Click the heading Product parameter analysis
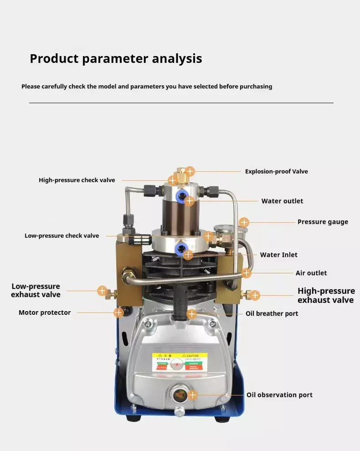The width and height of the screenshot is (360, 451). (116, 59)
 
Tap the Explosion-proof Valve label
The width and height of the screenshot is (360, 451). (276, 172)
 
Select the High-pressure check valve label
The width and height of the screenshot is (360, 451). (77, 180)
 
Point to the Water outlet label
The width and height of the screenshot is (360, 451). (282, 201)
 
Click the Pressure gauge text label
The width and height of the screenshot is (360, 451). (323, 222)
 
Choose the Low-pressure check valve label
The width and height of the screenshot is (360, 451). (62, 236)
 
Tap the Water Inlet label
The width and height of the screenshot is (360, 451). (278, 255)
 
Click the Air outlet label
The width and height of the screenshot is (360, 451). (311, 273)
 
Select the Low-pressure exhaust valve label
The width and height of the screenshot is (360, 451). (36, 291)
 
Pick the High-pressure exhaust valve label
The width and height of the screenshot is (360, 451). (326, 295)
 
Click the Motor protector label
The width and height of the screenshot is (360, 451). (45, 313)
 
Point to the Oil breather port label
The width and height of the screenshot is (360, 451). (272, 313)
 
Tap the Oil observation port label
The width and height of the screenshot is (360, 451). (279, 395)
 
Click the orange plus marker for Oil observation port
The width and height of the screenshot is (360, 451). (193, 395)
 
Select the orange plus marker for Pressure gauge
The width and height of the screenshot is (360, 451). (244, 222)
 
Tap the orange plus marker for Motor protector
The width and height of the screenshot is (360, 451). (118, 313)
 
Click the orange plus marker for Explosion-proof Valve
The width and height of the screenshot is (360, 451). (190, 172)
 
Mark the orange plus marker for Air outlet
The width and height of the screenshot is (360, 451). (246, 273)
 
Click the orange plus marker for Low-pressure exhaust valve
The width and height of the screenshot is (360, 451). (103, 291)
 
